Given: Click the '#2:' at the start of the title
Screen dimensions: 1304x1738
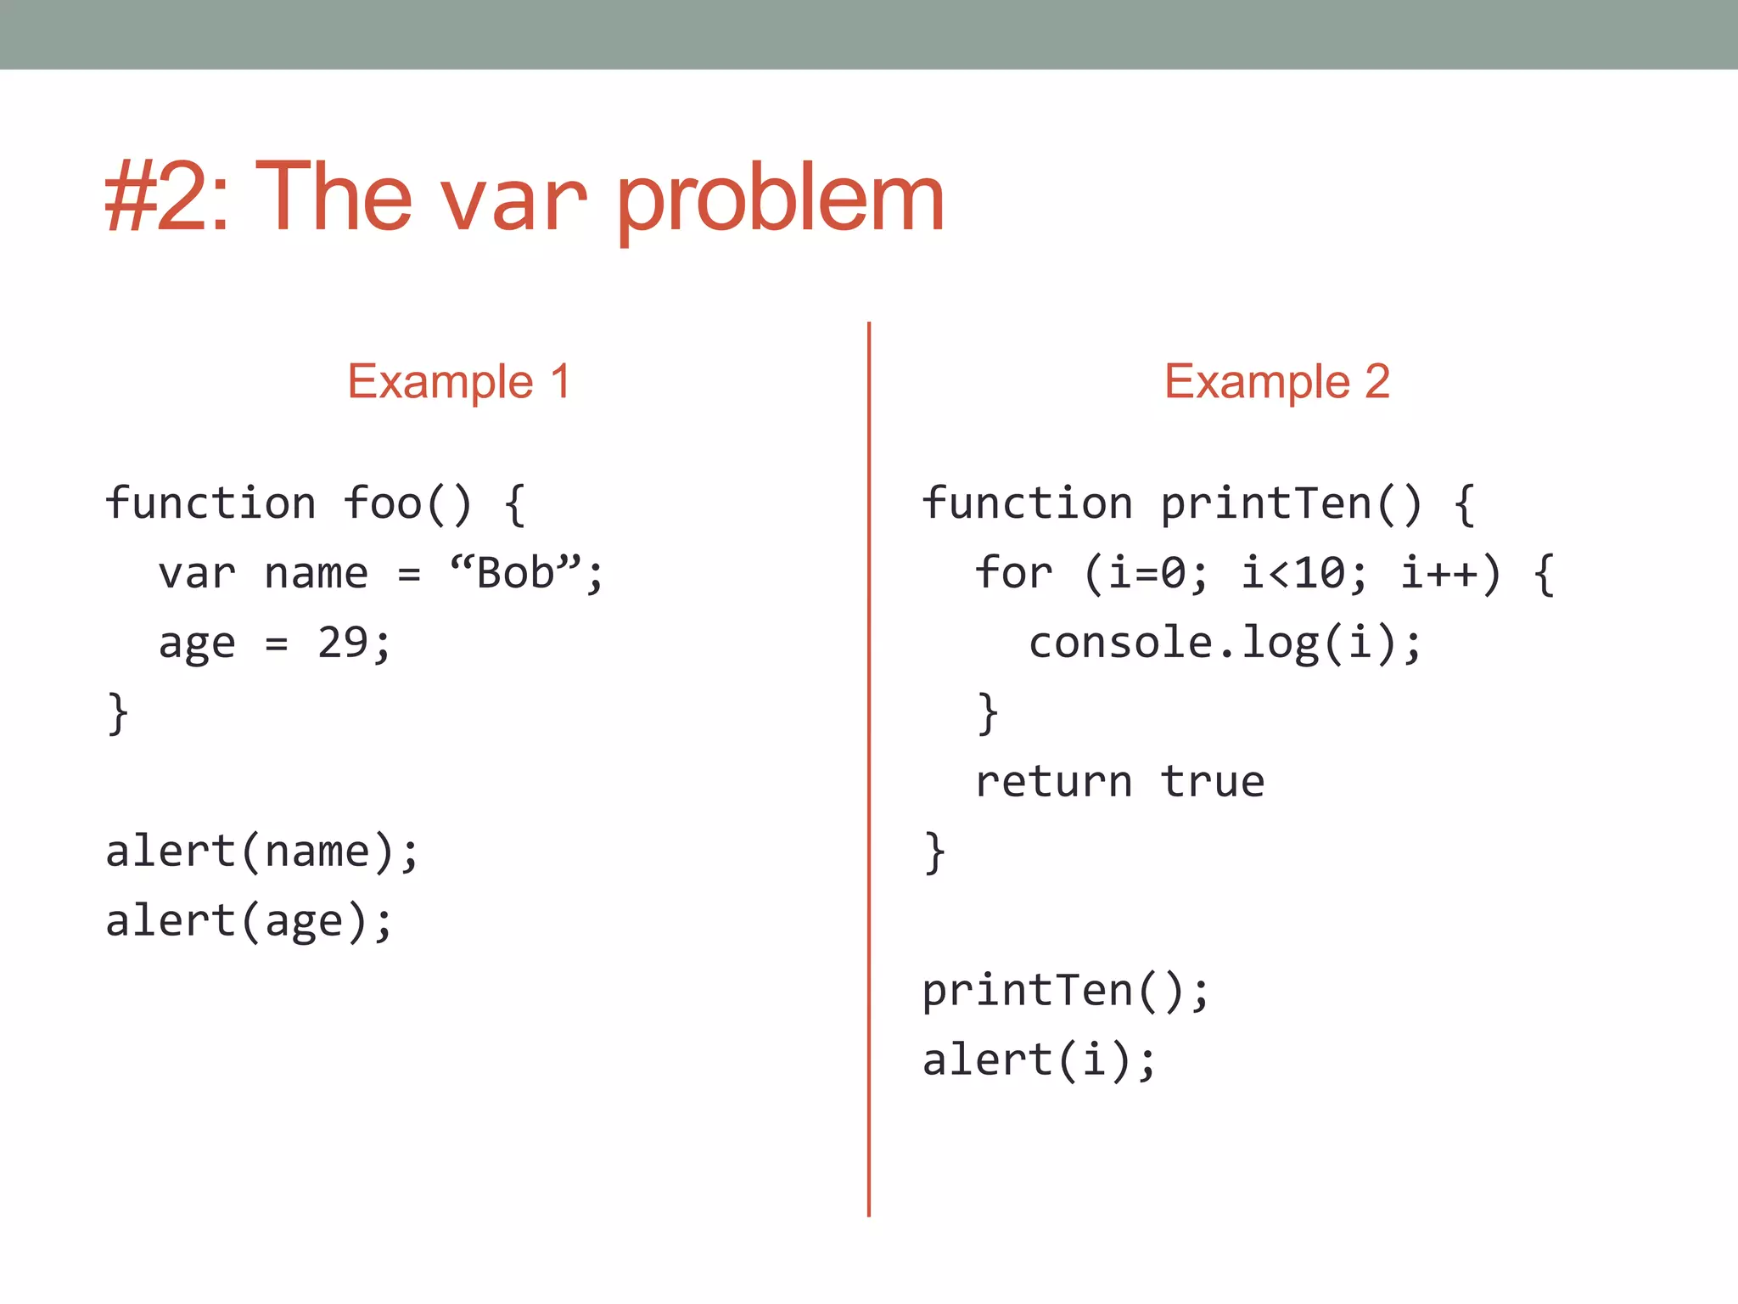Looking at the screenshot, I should tap(166, 198).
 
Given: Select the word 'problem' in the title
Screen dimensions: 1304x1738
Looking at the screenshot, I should tap(780, 200).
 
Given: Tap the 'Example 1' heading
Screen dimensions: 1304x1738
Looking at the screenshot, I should tap(459, 381).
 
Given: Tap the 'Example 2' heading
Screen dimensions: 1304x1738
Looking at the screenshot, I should tap(1276, 381).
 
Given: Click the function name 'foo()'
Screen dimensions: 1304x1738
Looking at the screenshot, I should tap(407, 503).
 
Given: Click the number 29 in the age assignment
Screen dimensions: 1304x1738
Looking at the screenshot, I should tap(343, 643).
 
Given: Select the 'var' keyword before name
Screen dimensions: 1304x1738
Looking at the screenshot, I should tap(197, 574).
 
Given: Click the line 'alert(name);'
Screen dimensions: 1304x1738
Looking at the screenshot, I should tap(262, 852).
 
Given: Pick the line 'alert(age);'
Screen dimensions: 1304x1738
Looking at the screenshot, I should tap(249, 922).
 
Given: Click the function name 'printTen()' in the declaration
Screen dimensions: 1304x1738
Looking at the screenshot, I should tap(1291, 503).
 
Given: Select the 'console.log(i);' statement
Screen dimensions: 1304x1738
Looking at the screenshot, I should tap(1225, 643).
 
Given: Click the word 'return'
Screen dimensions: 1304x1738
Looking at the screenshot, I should tap(1054, 782).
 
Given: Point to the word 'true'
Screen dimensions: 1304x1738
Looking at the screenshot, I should tap(1213, 782).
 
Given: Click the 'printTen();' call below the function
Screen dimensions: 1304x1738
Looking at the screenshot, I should tap(1066, 991).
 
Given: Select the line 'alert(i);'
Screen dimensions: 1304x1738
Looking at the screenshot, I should tap(1040, 1060).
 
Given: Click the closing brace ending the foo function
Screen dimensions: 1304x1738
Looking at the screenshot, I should tap(118, 712).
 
